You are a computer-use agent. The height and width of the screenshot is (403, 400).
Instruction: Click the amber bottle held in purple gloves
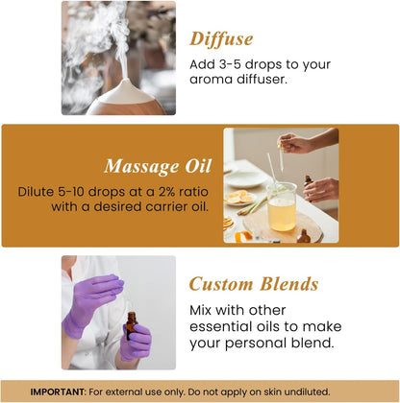130,325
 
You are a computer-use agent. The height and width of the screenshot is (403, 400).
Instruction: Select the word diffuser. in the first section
260,80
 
